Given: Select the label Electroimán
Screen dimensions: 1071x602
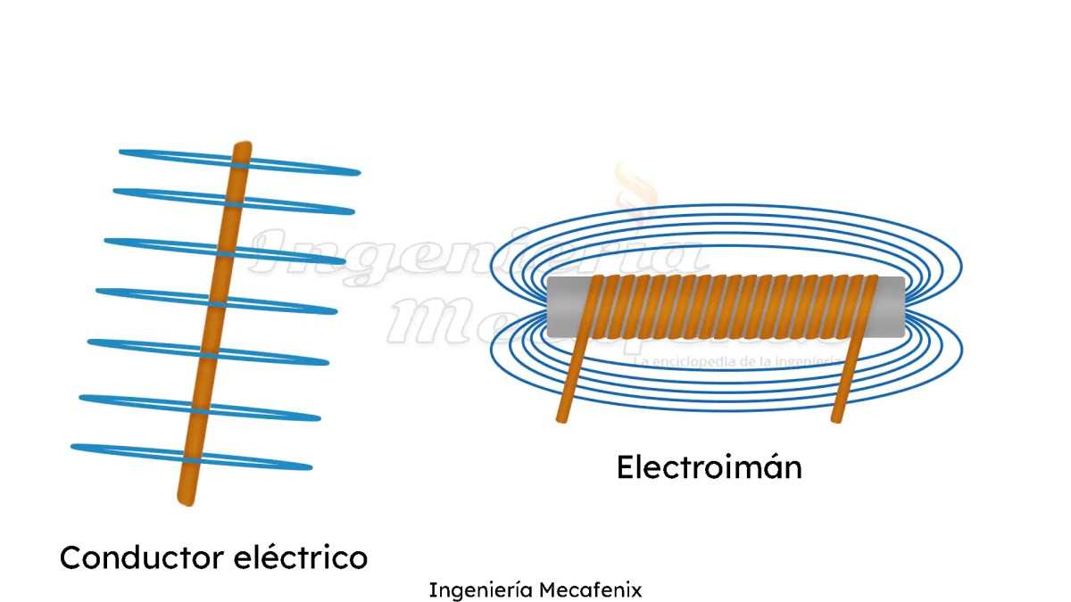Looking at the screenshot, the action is (x=709, y=467).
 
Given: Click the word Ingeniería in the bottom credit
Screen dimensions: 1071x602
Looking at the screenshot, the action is (x=480, y=590).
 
